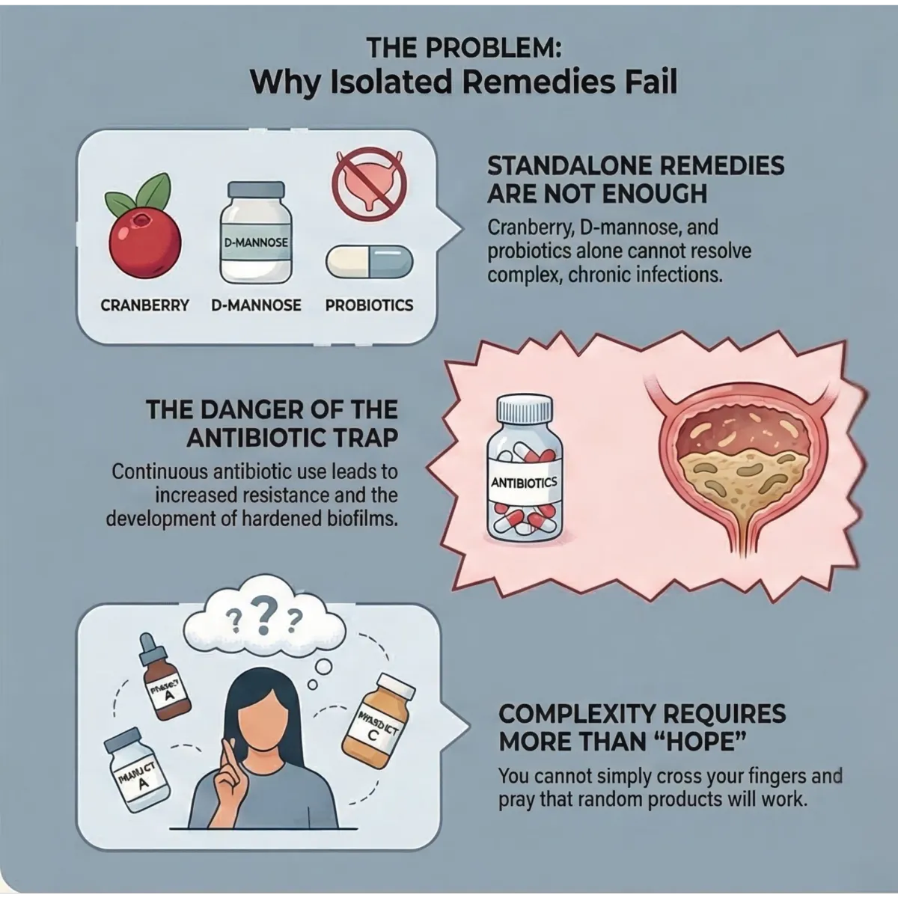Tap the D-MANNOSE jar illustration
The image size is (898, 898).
(x=256, y=233)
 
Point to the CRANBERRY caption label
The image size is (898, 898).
(x=144, y=305)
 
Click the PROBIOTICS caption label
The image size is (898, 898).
(x=369, y=305)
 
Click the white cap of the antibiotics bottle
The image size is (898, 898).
(x=525, y=409)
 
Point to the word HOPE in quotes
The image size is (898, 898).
(x=699, y=743)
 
